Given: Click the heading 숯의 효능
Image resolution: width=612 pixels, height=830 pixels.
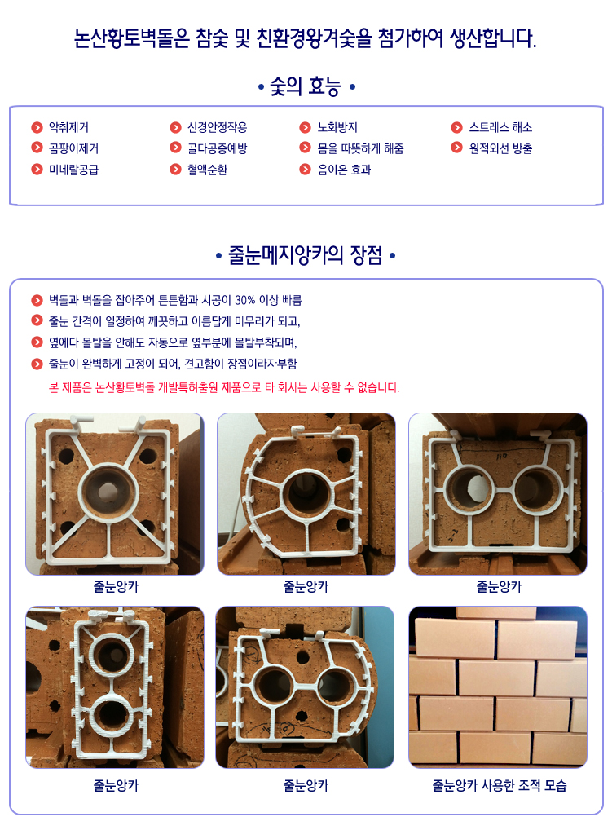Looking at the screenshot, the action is (306, 86).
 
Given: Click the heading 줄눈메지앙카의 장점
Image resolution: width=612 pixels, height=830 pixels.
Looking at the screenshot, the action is (306, 255).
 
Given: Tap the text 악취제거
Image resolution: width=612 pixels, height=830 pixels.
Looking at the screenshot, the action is (68, 127).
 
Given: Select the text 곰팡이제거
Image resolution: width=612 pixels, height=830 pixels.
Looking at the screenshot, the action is (73, 148).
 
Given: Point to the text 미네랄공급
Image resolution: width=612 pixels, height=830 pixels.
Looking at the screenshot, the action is (73, 170).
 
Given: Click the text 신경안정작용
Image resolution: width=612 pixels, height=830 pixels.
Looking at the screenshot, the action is (217, 127).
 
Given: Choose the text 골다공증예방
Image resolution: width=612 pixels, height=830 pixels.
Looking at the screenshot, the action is (217, 148).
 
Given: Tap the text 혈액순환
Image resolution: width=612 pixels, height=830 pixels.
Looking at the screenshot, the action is (207, 170).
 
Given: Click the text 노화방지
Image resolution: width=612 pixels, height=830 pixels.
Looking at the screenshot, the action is (337, 127).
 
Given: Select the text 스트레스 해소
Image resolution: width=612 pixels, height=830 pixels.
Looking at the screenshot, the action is (500, 127).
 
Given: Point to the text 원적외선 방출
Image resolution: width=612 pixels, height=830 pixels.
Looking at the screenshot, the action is (500, 148).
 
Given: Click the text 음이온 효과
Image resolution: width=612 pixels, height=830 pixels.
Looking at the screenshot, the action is (344, 170).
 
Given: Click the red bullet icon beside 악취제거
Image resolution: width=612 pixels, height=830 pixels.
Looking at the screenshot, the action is (37, 127).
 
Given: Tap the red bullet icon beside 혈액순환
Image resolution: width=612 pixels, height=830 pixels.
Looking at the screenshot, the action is (175, 170).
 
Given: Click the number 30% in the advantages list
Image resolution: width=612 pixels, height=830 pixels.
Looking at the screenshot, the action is (245, 301).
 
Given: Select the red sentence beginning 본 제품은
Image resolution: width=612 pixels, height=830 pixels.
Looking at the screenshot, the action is (224, 387).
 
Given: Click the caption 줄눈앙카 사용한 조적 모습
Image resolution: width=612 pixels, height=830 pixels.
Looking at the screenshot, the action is (500, 785).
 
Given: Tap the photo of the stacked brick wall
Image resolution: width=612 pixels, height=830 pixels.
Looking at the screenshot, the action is (498, 687).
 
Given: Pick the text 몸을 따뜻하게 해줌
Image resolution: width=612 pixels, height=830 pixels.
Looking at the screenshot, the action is (360, 148).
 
